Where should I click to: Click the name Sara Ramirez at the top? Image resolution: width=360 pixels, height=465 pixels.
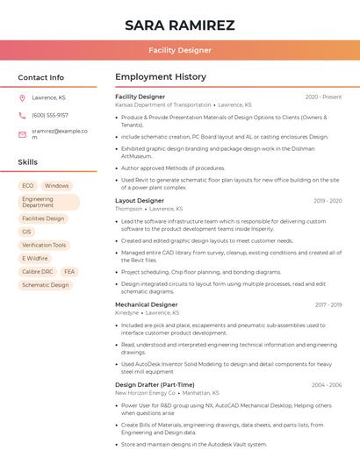click(x=179, y=25)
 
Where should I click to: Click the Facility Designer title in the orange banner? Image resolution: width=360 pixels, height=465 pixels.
click(x=179, y=50)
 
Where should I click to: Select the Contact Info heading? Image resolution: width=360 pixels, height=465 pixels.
click(x=40, y=77)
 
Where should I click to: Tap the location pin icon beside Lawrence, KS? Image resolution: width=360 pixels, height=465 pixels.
click(x=22, y=97)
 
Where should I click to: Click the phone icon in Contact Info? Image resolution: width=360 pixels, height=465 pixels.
click(x=22, y=115)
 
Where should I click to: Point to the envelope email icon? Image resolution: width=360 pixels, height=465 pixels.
click(x=22, y=133)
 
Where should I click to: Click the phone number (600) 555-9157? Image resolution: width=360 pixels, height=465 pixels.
click(x=50, y=115)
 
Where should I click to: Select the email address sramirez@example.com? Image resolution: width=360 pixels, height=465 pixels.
click(x=59, y=133)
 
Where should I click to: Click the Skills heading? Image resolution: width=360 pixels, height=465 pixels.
click(x=28, y=162)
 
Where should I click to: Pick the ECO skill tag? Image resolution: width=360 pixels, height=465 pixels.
click(x=27, y=186)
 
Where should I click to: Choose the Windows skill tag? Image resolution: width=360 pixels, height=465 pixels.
click(x=56, y=186)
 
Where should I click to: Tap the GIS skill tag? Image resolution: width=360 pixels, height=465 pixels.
click(x=26, y=232)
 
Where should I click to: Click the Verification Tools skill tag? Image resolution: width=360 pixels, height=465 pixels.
click(x=44, y=245)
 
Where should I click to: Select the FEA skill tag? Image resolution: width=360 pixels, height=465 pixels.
click(x=69, y=272)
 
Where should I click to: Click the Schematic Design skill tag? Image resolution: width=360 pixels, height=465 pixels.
click(x=45, y=285)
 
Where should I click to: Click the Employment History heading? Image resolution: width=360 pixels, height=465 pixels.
click(x=161, y=77)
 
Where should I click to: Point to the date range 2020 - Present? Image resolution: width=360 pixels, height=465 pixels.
click(x=323, y=97)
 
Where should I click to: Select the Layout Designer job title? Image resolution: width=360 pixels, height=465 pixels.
click(x=140, y=201)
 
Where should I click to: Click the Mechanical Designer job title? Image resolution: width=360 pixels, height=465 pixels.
click(x=146, y=304)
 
